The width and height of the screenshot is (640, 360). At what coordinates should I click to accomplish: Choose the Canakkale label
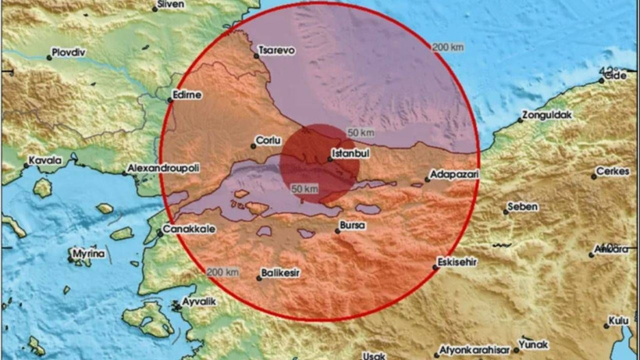[186, 230]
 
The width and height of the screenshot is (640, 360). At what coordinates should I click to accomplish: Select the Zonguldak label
[546, 115]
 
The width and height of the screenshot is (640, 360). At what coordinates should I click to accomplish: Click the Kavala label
[45, 160]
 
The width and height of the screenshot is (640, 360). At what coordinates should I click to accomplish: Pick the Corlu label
[265, 143]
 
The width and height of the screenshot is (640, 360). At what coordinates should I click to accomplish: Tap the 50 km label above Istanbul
[359, 133]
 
